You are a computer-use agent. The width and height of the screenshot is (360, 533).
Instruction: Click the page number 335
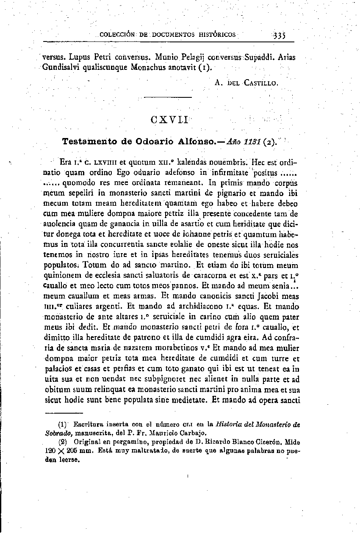(x=279, y=35)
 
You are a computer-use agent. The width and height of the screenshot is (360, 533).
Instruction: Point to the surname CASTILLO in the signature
(x=260, y=83)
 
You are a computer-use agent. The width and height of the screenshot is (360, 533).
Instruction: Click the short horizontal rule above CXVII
(x=168, y=98)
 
